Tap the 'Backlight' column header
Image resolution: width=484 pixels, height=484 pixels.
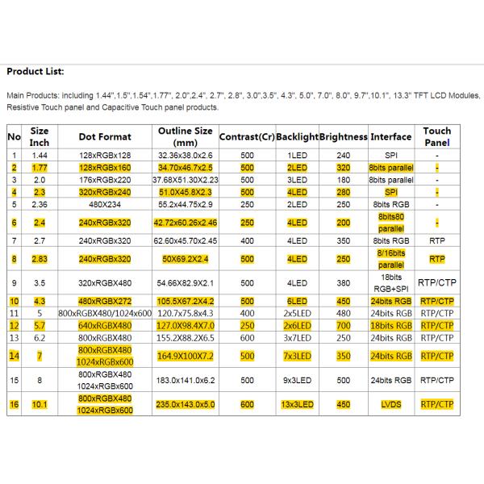point(297,136)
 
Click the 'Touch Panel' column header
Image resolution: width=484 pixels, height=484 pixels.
point(436,136)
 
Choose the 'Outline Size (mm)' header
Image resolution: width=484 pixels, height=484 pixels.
point(185,136)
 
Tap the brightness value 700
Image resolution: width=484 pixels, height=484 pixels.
point(344,325)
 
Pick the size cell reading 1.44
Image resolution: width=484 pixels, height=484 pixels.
point(40,154)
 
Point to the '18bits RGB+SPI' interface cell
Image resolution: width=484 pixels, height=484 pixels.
point(390,283)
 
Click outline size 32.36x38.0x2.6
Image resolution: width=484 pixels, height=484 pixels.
point(185,154)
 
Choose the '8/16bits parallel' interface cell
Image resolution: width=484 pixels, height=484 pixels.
point(390,259)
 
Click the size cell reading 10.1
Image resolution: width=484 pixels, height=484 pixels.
point(40,404)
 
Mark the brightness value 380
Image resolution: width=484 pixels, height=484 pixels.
point(344,283)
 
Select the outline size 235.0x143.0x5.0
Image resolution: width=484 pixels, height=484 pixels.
point(185,404)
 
